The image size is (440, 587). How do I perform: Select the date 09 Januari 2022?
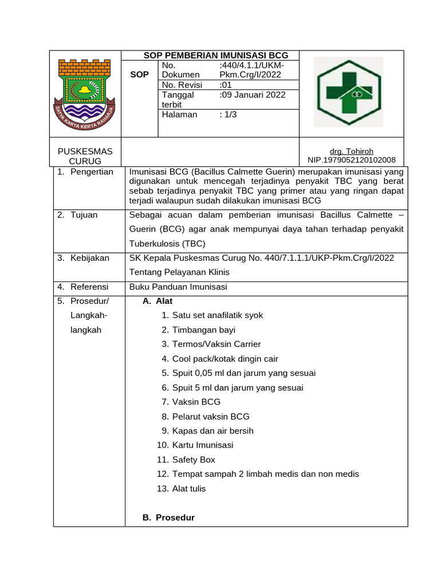(252, 95)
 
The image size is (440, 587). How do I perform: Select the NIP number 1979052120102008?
(348, 160)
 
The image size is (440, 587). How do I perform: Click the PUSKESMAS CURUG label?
(85, 155)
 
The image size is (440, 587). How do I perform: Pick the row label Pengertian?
(92, 172)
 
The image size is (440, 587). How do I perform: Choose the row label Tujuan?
(84, 214)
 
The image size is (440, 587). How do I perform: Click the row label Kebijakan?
(89, 258)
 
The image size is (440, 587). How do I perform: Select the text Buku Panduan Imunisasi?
(178, 286)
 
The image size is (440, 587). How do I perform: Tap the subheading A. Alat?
(157, 301)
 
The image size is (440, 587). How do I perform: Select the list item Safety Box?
(193, 459)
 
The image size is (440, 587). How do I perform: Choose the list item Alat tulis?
(188, 488)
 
